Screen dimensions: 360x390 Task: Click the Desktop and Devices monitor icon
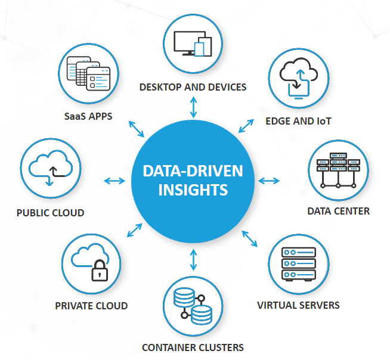click(193, 44)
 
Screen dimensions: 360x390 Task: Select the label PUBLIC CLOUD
click(50, 213)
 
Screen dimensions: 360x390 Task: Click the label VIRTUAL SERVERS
click(298, 305)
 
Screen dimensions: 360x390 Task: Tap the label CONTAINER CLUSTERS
click(193, 347)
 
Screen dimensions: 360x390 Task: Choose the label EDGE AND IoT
click(298, 121)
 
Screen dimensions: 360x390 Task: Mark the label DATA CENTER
click(338, 211)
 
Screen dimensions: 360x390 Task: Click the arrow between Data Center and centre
click(270, 181)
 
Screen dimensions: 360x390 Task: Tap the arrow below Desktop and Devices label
click(193, 107)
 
